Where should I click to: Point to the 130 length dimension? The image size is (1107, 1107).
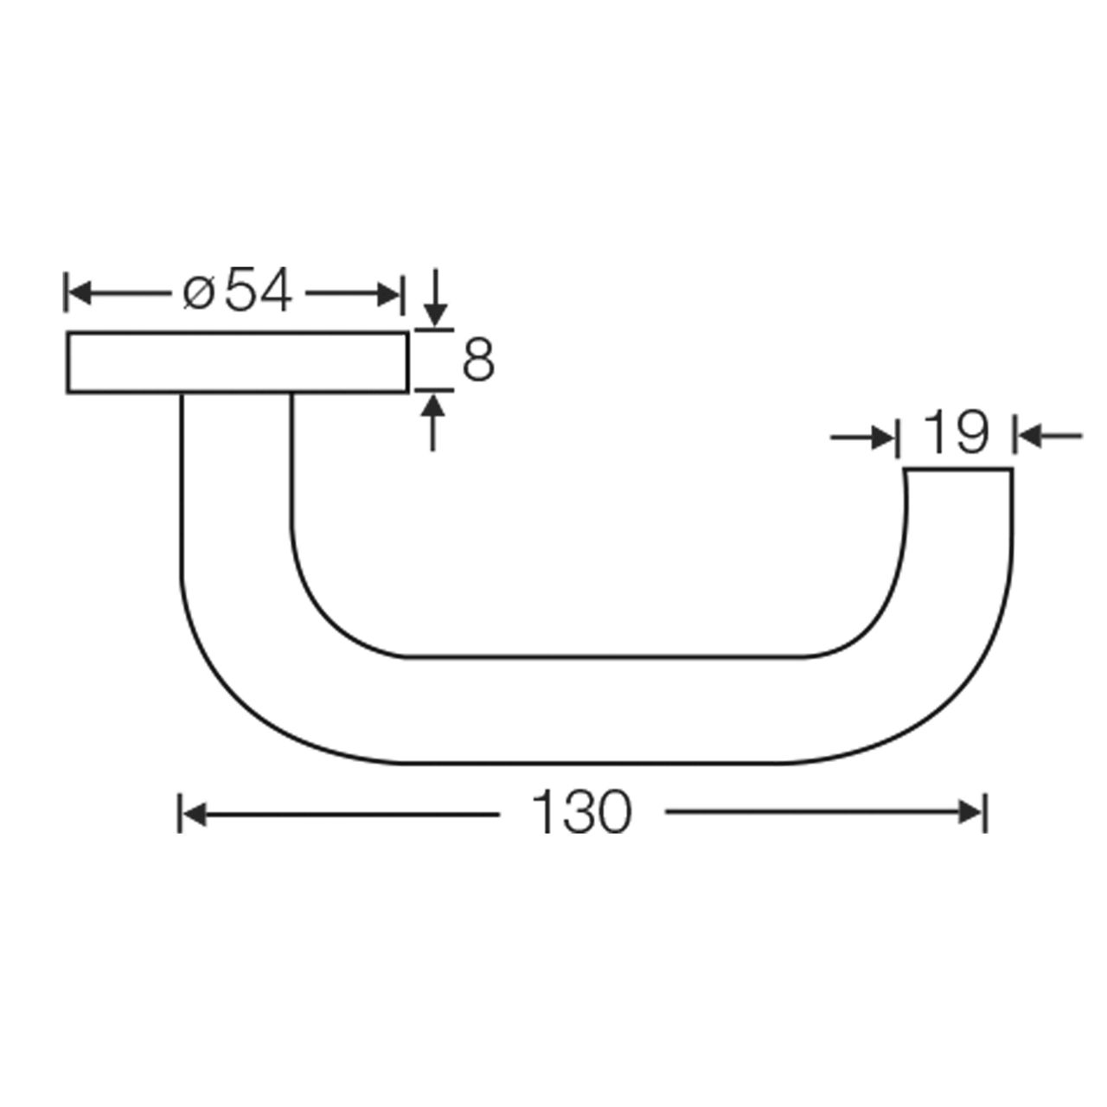(581, 814)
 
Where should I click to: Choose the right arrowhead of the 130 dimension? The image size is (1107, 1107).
(972, 814)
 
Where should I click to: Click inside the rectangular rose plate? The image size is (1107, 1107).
(236, 362)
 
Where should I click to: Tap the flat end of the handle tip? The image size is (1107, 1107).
(958, 469)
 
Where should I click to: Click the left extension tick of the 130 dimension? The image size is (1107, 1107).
(179, 814)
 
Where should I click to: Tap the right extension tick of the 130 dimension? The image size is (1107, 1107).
(984, 814)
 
